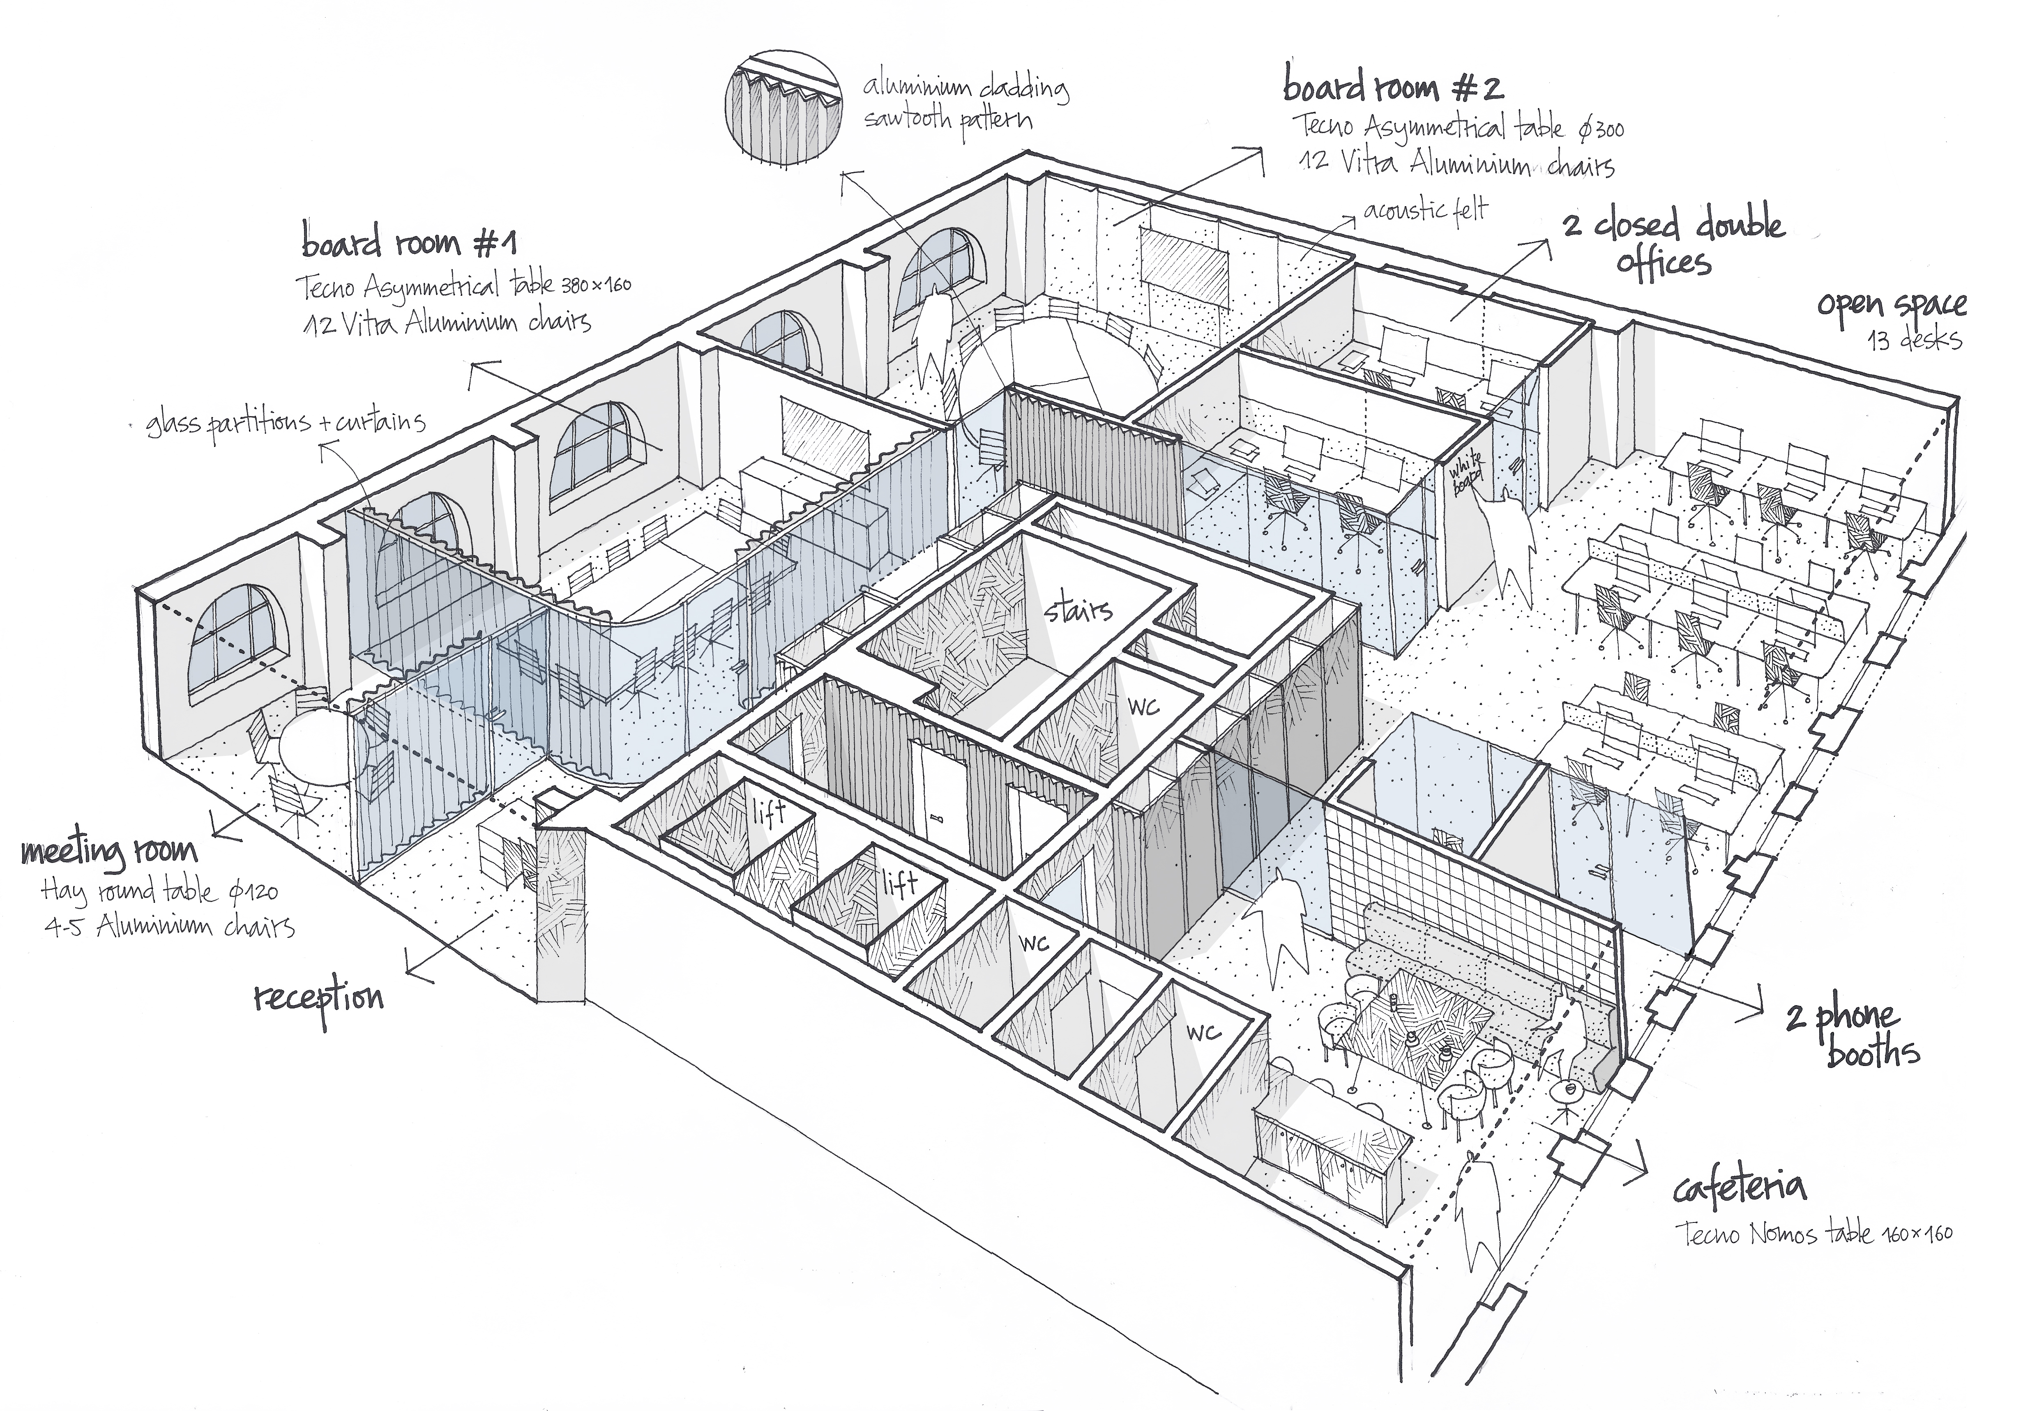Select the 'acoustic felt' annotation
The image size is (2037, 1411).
[1425, 210]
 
